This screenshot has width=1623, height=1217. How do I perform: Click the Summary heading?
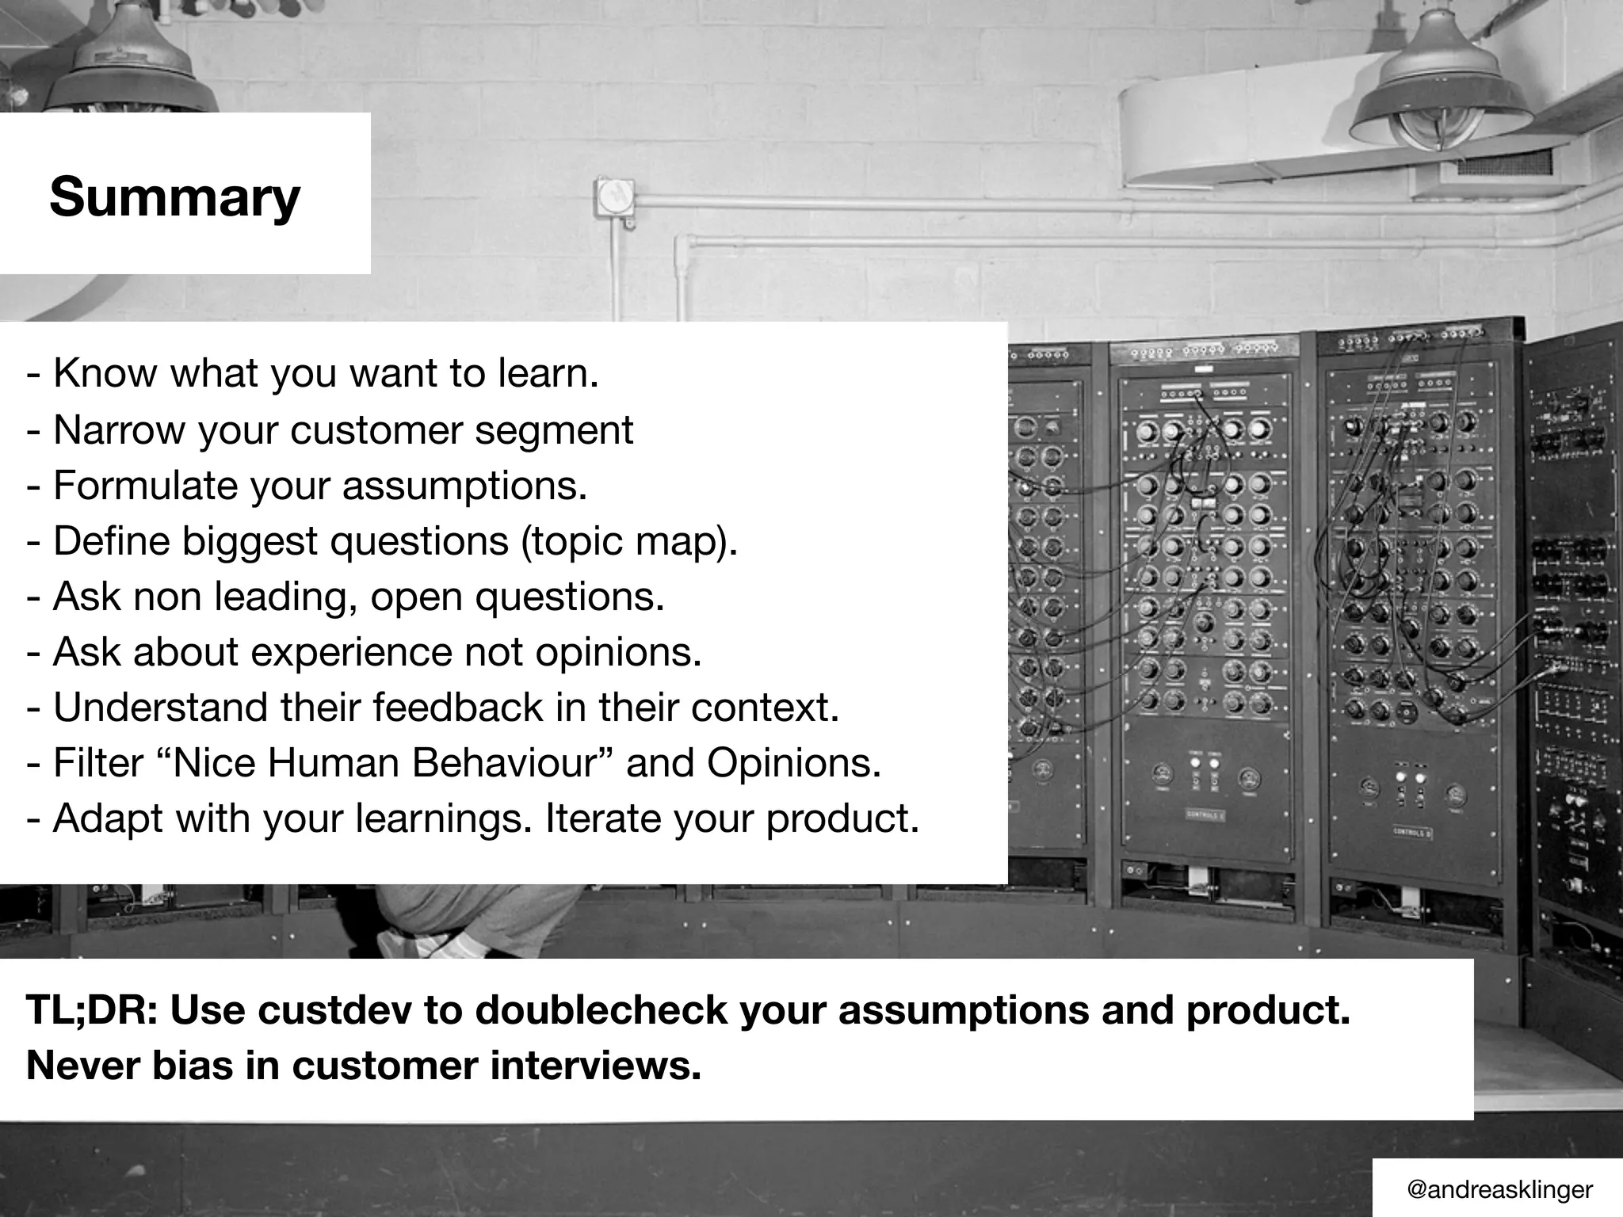174,196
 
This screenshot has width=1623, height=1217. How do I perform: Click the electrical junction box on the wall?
615,198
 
